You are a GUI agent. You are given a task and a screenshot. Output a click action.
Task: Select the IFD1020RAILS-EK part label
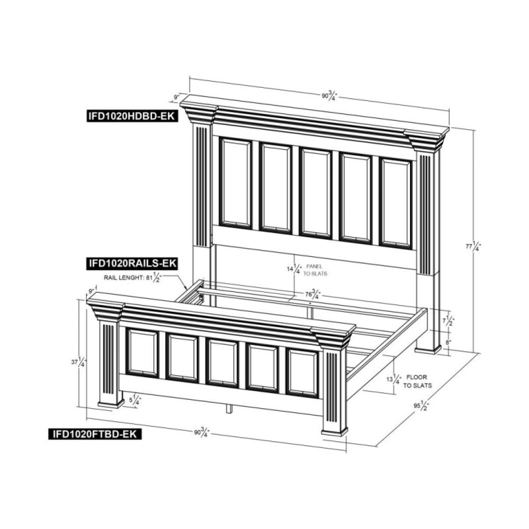point(130,264)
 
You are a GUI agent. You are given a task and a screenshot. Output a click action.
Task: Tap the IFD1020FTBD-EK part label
point(94,434)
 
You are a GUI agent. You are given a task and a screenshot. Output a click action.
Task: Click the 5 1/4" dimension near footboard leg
point(136,401)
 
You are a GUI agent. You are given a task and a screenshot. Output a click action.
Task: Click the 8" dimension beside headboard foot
point(448,342)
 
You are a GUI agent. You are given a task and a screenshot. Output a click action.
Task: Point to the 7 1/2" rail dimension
point(449,320)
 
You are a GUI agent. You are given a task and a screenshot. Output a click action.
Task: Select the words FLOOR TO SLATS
point(417,381)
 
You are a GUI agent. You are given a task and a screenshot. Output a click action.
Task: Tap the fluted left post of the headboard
point(201,186)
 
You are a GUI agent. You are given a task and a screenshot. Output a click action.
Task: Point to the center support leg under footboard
point(228,409)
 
